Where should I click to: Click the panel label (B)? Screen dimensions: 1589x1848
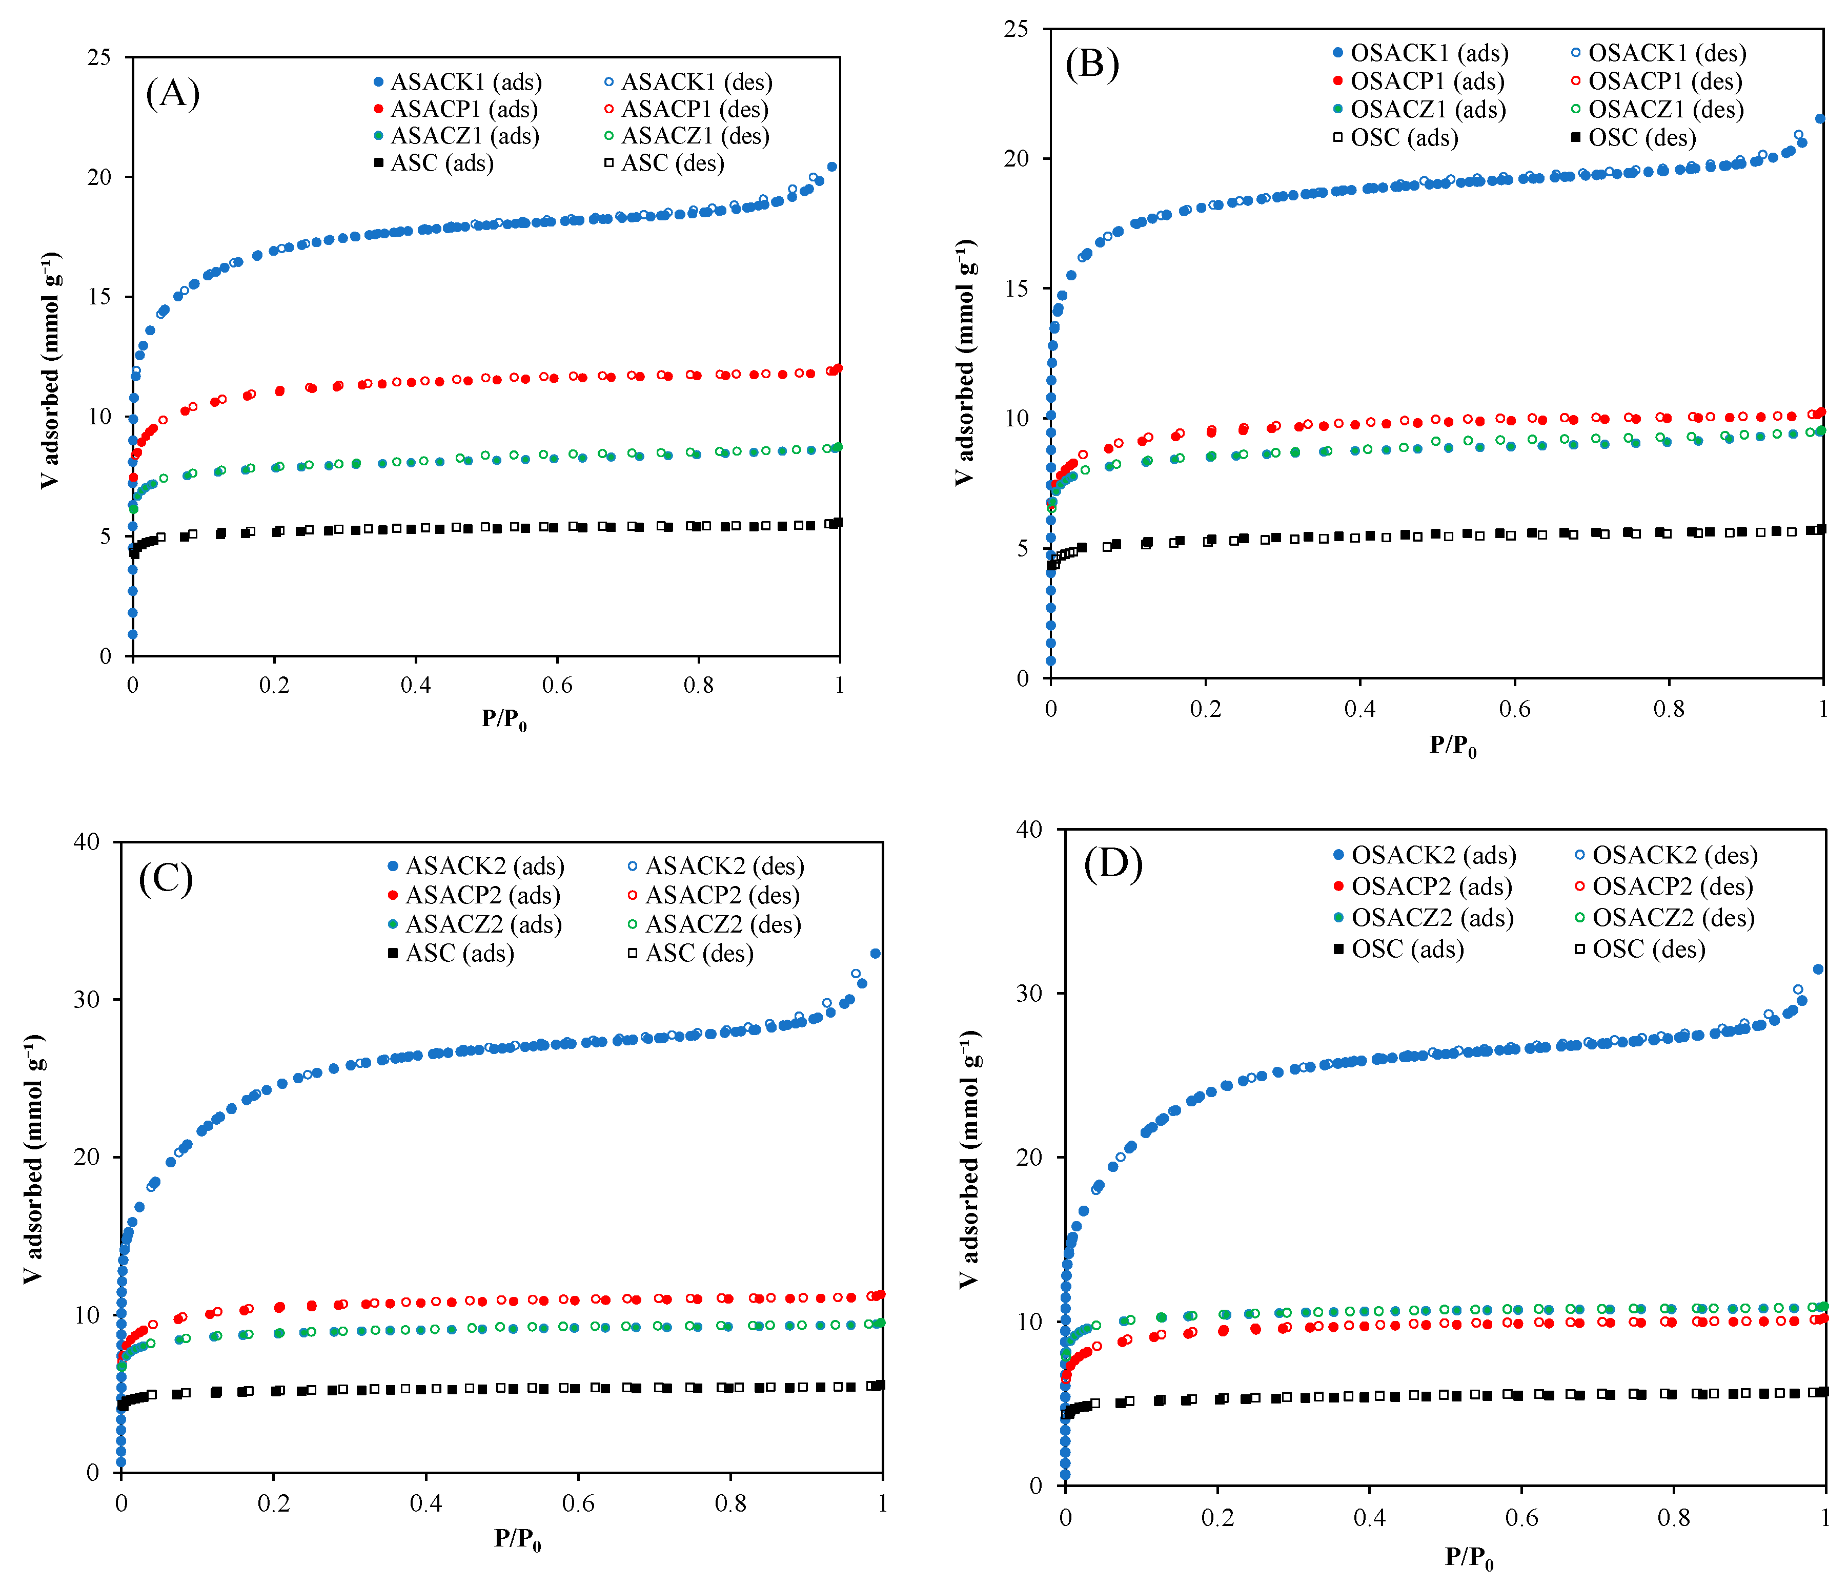tap(1092, 64)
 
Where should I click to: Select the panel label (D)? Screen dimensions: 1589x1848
tap(1112, 863)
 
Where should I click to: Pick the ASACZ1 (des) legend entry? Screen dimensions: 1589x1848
tap(687, 136)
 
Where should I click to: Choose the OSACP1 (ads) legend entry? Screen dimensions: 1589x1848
tap(1418, 81)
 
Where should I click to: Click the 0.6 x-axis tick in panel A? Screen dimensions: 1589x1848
tap(557, 685)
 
